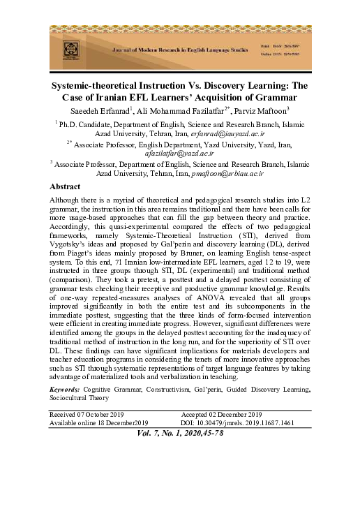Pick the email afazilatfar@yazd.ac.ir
coord(180,152)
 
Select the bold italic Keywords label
coord(66,388)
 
